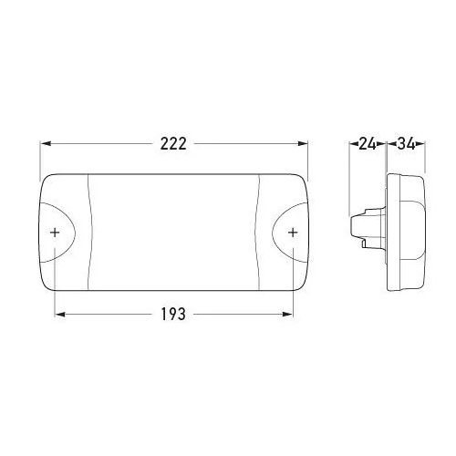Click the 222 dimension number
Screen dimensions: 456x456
pos(173,144)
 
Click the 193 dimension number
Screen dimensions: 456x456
pos(173,314)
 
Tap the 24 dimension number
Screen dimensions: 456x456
pos(368,144)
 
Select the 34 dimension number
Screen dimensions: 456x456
pos(406,144)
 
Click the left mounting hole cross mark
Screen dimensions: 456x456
pos(55,233)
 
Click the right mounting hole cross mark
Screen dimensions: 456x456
pos(293,233)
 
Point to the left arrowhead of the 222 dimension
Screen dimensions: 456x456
pos(46,144)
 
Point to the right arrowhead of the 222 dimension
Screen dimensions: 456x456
pos(303,144)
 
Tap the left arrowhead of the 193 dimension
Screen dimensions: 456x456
pos(60,314)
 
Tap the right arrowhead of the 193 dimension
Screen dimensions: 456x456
pos(287,314)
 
